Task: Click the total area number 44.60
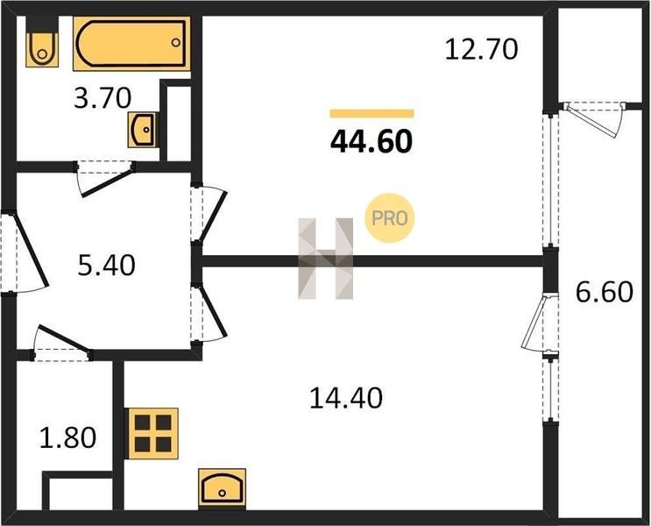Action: [x=371, y=141]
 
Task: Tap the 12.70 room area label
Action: [x=481, y=49]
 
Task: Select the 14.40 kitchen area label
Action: [x=346, y=398]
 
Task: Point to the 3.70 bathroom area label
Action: [x=103, y=98]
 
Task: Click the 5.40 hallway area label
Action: [x=106, y=265]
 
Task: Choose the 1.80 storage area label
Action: [x=67, y=437]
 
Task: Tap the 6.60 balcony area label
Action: [x=604, y=292]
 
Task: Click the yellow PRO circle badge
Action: [x=389, y=218]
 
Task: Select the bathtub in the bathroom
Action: [x=131, y=44]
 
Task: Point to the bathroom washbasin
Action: [x=142, y=130]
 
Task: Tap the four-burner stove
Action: [x=153, y=433]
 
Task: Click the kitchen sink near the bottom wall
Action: [x=223, y=488]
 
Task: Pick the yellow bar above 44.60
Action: [x=372, y=113]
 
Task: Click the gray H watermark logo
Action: [x=326, y=259]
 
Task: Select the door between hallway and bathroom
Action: [x=105, y=178]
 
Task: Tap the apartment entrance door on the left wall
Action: [x=25, y=253]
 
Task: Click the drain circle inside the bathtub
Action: [x=176, y=42]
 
